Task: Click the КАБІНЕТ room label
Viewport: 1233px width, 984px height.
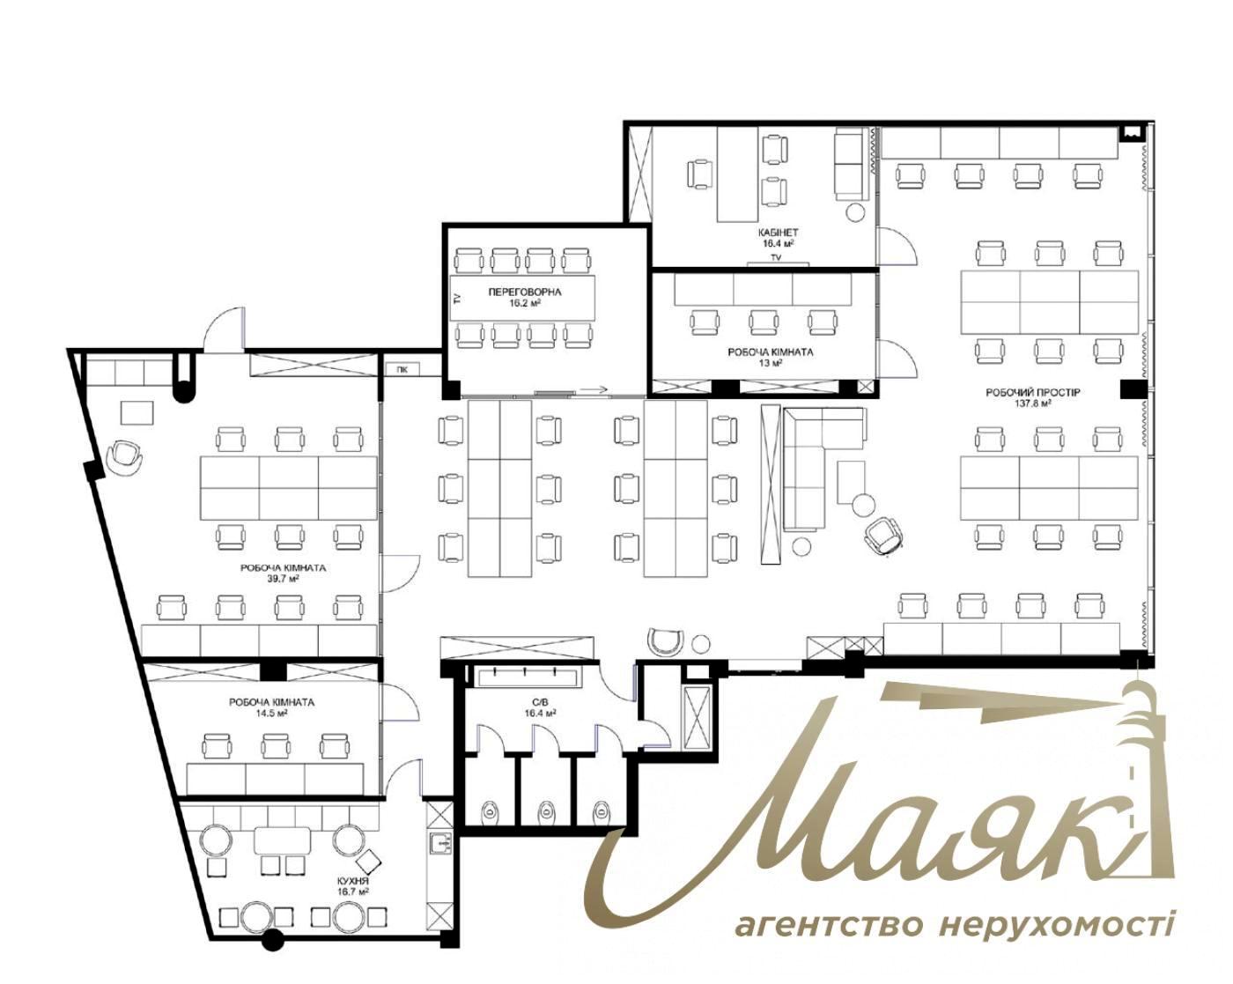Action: pos(777,233)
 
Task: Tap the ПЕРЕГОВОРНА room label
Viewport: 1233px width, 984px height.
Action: pos(525,292)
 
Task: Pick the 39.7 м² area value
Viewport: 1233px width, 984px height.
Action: pos(283,579)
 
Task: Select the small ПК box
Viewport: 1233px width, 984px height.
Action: pos(402,369)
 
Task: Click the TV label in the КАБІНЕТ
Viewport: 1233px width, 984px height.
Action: pos(776,258)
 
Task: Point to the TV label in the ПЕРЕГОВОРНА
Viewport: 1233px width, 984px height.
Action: pos(457,298)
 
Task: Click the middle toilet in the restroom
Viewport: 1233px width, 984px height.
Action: pos(545,810)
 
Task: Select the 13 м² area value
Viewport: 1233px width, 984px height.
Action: pos(770,363)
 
